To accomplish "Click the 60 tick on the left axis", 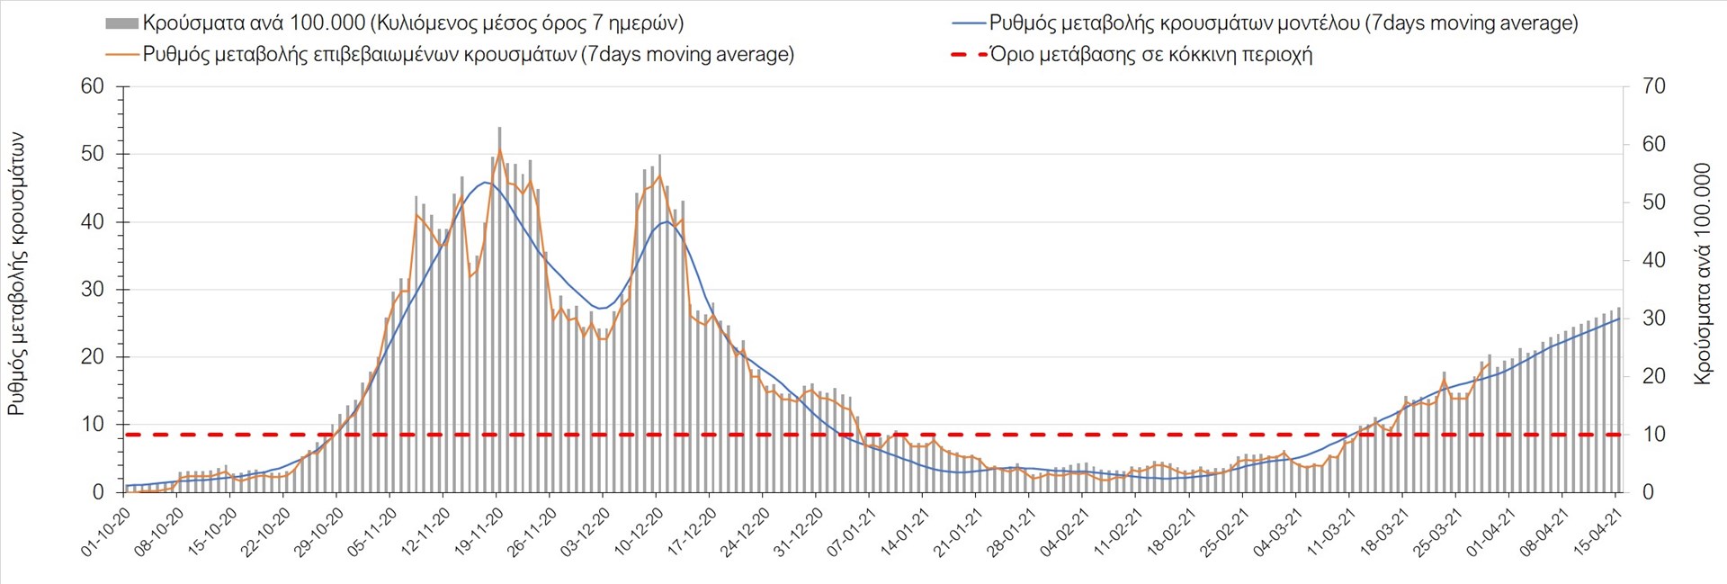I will (x=93, y=86).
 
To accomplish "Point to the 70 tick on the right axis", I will (x=1653, y=86).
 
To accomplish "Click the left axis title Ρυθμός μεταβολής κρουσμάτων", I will (x=16, y=274).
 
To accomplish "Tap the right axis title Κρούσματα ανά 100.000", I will (x=1702, y=274).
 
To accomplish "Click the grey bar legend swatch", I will (x=121, y=23).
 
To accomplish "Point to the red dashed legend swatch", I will (x=968, y=55).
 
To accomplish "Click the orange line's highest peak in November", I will (x=500, y=149).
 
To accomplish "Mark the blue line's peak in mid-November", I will (x=485, y=183).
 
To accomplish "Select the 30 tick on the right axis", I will (x=1653, y=318).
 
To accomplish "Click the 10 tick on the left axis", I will (x=93, y=424).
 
